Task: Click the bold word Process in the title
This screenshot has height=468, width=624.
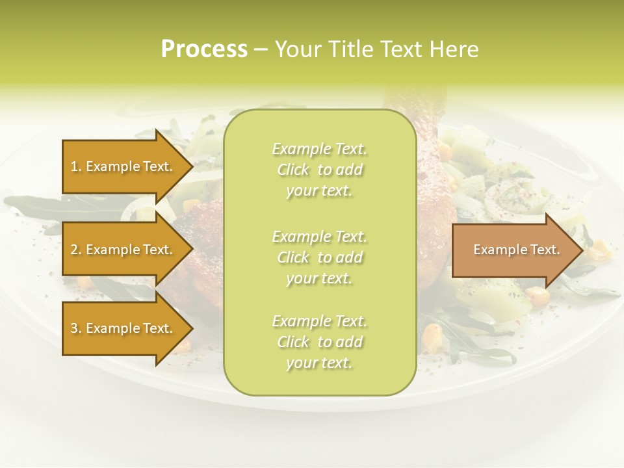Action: (204, 49)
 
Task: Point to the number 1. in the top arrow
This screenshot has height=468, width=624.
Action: (75, 166)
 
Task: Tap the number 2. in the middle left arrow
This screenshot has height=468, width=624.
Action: (75, 250)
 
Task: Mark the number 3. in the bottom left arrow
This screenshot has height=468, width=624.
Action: (75, 328)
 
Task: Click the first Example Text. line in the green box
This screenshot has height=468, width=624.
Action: (319, 149)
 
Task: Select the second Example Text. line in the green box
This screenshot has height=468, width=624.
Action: (319, 237)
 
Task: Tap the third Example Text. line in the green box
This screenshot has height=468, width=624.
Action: (319, 321)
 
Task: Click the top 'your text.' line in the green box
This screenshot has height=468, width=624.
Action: (319, 191)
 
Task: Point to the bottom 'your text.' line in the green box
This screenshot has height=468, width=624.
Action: (319, 363)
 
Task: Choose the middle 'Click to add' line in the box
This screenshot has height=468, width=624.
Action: (319, 257)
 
